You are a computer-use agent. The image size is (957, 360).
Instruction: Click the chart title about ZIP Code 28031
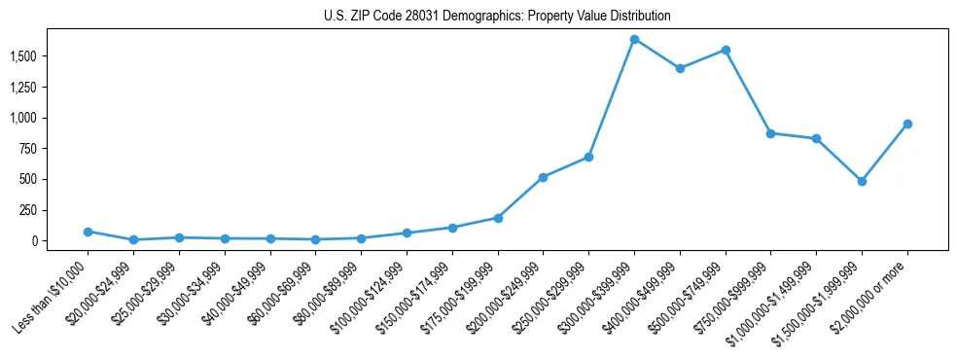(x=497, y=16)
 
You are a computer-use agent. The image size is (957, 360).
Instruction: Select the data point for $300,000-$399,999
(x=634, y=40)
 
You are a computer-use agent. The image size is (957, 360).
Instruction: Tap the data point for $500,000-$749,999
(x=726, y=50)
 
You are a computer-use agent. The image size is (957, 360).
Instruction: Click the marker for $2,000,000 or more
(x=907, y=124)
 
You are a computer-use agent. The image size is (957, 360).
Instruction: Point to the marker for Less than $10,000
(x=88, y=232)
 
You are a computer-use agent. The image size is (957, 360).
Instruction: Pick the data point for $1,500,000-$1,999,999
(x=862, y=181)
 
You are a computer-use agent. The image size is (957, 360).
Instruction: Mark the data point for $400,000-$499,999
(x=680, y=68)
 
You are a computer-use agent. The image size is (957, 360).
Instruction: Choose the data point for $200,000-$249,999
(x=543, y=177)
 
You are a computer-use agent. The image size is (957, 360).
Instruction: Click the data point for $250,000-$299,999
(x=588, y=157)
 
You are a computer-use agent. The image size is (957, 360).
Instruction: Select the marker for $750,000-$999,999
(x=770, y=133)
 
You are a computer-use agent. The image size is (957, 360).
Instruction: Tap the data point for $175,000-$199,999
(x=498, y=218)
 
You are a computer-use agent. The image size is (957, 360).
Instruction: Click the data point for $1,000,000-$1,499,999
(x=816, y=138)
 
